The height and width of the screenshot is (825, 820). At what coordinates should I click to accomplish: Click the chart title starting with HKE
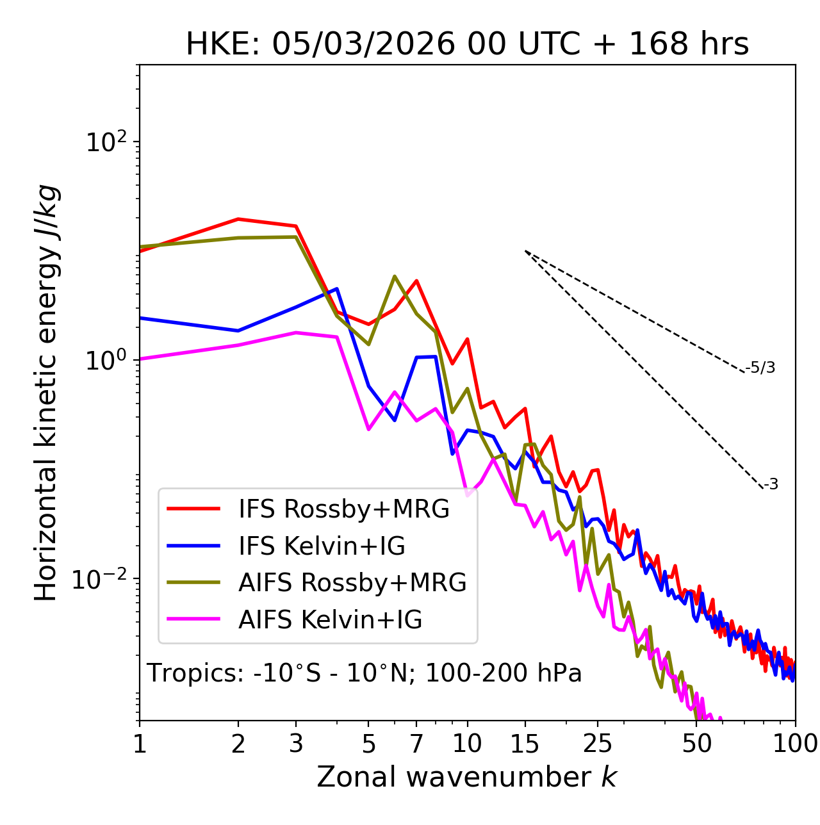pyautogui.click(x=467, y=44)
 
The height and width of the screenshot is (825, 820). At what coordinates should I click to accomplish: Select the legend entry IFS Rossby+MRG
pyautogui.click(x=343, y=509)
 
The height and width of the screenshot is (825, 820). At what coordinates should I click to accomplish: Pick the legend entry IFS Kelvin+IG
pyautogui.click(x=322, y=546)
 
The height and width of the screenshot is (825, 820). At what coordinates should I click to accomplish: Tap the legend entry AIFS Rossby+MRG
pyautogui.click(x=352, y=582)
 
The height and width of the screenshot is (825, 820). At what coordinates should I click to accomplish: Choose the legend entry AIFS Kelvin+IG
pyautogui.click(x=330, y=619)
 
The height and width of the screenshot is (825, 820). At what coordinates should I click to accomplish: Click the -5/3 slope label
pyautogui.click(x=760, y=368)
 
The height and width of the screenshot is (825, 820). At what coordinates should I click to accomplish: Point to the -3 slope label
pyautogui.click(x=771, y=484)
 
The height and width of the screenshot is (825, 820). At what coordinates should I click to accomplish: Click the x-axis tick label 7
pyautogui.click(x=416, y=744)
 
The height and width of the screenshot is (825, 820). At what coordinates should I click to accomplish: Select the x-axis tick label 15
pyautogui.click(x=525, y=744)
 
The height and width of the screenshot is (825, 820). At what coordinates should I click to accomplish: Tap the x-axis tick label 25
pyautogui.click(x=598, y=744)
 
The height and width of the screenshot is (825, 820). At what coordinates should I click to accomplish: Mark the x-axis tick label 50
pyautogui.click(x=697, y=744)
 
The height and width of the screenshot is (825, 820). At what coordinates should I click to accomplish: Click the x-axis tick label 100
pyautogui.click(x=794, y=744)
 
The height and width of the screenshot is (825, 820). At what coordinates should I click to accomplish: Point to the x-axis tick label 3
pyautogui.click(x=296, y=744)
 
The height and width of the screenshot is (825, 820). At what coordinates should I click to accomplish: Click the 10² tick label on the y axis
pyautogui.click(x=105, y=142)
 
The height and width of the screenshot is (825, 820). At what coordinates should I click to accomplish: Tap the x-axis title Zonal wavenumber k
pyautogui.click(x=467, y=777)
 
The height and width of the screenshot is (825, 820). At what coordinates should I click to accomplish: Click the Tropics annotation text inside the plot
pyautogui.click(x=365, y=673)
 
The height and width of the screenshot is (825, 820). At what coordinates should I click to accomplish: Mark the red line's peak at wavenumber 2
pyautogui.click(x=238, y=219)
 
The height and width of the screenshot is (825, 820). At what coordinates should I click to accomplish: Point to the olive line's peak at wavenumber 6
pyautogui.click(x=395, y=276)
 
